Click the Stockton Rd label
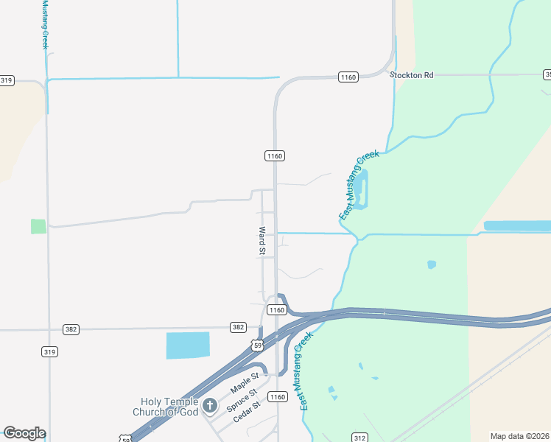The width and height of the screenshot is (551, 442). coord(413,75)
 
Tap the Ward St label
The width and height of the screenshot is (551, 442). coord(262,241)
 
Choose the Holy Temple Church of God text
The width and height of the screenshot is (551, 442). coord(170,406)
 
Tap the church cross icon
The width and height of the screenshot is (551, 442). coord(210,405)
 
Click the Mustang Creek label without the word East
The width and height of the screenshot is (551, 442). coord(44,26)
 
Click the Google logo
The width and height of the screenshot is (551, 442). coord(24,433)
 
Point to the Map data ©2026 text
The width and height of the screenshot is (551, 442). coord(520,436)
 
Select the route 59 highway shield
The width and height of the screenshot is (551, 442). coord(256,345)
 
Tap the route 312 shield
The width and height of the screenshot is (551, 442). coord(359,438)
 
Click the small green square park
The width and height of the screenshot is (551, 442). coord(38,226)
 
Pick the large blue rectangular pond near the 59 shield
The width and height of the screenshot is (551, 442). coord(188,345)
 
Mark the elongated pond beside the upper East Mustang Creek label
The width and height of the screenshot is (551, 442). coord(361,188)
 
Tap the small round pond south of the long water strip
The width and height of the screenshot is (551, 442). coord(432,264)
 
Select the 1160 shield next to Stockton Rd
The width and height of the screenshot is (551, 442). coord(348,77)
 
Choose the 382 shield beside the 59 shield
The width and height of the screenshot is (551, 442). coord(238,327)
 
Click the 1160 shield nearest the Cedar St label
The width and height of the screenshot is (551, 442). coord(276,397)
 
